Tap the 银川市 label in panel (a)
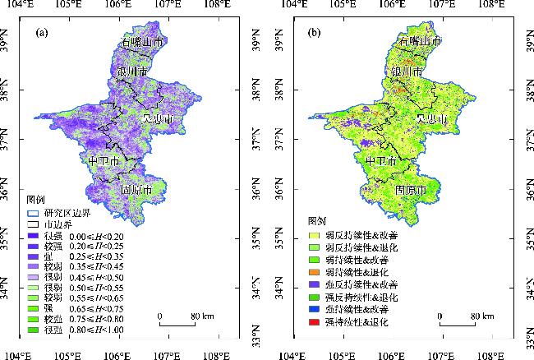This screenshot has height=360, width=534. [131, 72]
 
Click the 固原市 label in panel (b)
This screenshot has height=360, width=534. [410, 190]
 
